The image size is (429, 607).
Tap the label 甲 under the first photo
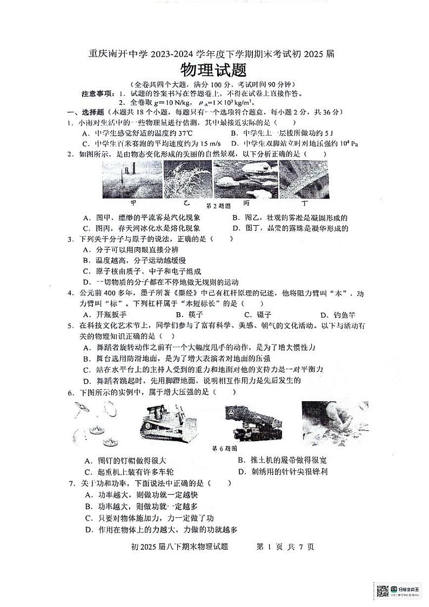click(132, 204)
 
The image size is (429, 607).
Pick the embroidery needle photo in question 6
click(334, 422)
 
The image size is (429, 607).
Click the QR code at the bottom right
click(382, 591)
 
